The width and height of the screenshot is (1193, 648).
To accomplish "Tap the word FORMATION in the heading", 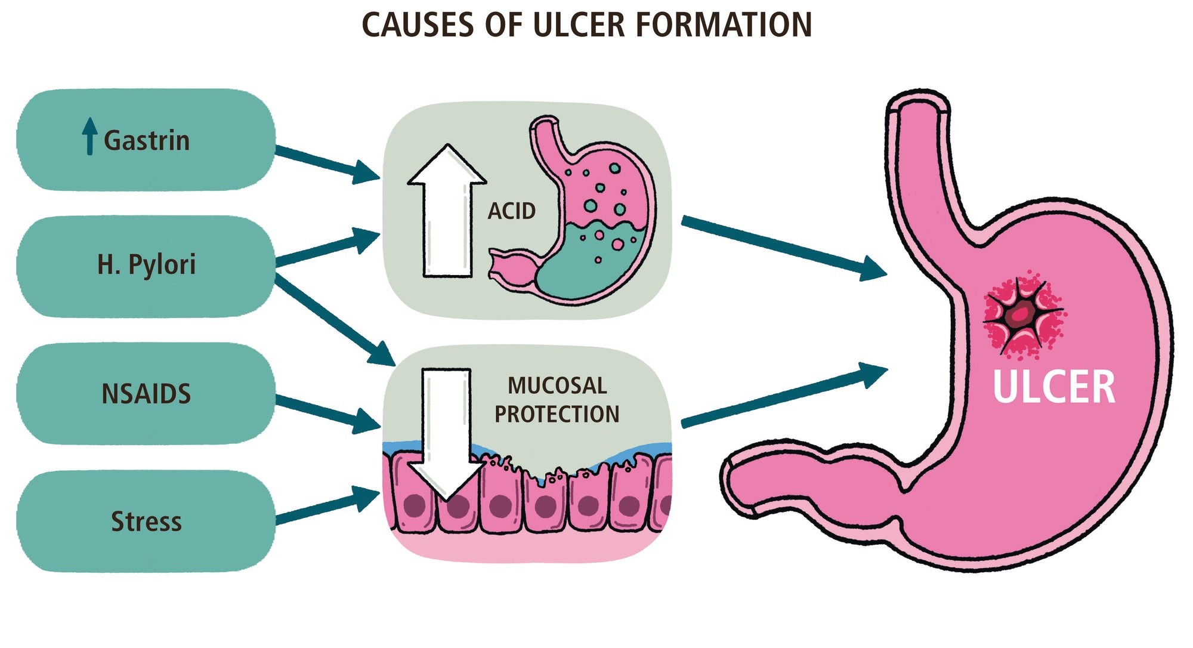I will (x=723, y=25).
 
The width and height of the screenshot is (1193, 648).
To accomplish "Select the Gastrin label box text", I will (x=147, y=141).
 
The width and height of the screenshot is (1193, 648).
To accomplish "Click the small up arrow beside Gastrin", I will (x=89, y=136).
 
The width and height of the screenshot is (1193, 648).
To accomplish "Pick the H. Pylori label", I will (x=146, y=264).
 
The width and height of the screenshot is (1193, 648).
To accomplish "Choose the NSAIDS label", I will (x=146, y=394).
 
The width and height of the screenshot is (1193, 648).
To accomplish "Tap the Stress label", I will (x=146, y=522).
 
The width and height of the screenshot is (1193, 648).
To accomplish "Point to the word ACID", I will (x=511, y=211).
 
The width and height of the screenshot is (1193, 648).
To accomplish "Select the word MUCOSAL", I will (x=557, y=386).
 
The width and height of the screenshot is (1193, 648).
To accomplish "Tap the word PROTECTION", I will (x=557, y=414).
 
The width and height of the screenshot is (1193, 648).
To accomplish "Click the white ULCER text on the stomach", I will (x=1053, y=388).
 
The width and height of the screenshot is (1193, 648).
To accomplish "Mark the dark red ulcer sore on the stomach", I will (x=1022, y=314).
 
